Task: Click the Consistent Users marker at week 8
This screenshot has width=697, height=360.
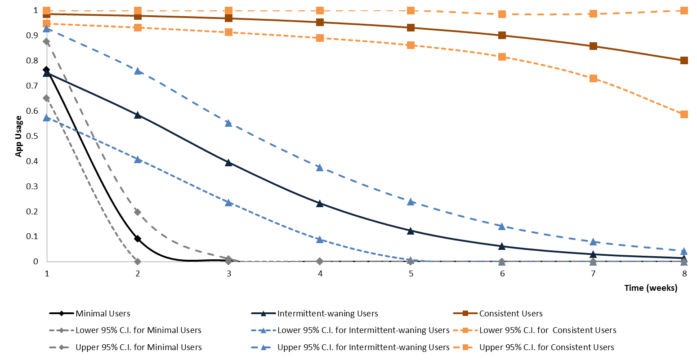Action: [684, 61]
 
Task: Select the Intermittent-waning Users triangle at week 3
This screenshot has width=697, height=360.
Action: [228, 162]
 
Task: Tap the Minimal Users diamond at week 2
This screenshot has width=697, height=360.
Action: [138, 239]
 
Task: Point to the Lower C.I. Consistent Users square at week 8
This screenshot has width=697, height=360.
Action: [684, 114]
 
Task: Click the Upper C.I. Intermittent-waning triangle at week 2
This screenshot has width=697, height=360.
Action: [138, 71]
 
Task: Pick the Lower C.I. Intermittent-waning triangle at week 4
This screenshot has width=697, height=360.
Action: [320, 240]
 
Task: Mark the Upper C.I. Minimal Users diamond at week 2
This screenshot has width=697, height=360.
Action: [138, 212]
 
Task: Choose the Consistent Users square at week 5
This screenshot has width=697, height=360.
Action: [411, 28]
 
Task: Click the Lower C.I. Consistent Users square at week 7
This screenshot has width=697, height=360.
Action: [593, 78]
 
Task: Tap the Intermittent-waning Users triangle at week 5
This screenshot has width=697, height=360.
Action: [411, 231]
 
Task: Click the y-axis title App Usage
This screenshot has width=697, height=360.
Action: [18, 136]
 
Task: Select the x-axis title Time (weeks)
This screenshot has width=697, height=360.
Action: [650, 288]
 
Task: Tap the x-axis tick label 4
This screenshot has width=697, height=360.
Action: [320, 273]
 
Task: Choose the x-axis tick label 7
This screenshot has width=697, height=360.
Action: [593, 273]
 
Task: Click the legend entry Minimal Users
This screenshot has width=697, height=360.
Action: [103, 314]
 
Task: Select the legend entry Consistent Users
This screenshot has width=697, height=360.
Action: [510, 314]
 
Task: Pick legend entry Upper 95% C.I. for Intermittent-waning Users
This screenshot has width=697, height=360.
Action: [363, 347]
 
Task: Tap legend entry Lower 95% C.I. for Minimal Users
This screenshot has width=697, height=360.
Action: [138, 330]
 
